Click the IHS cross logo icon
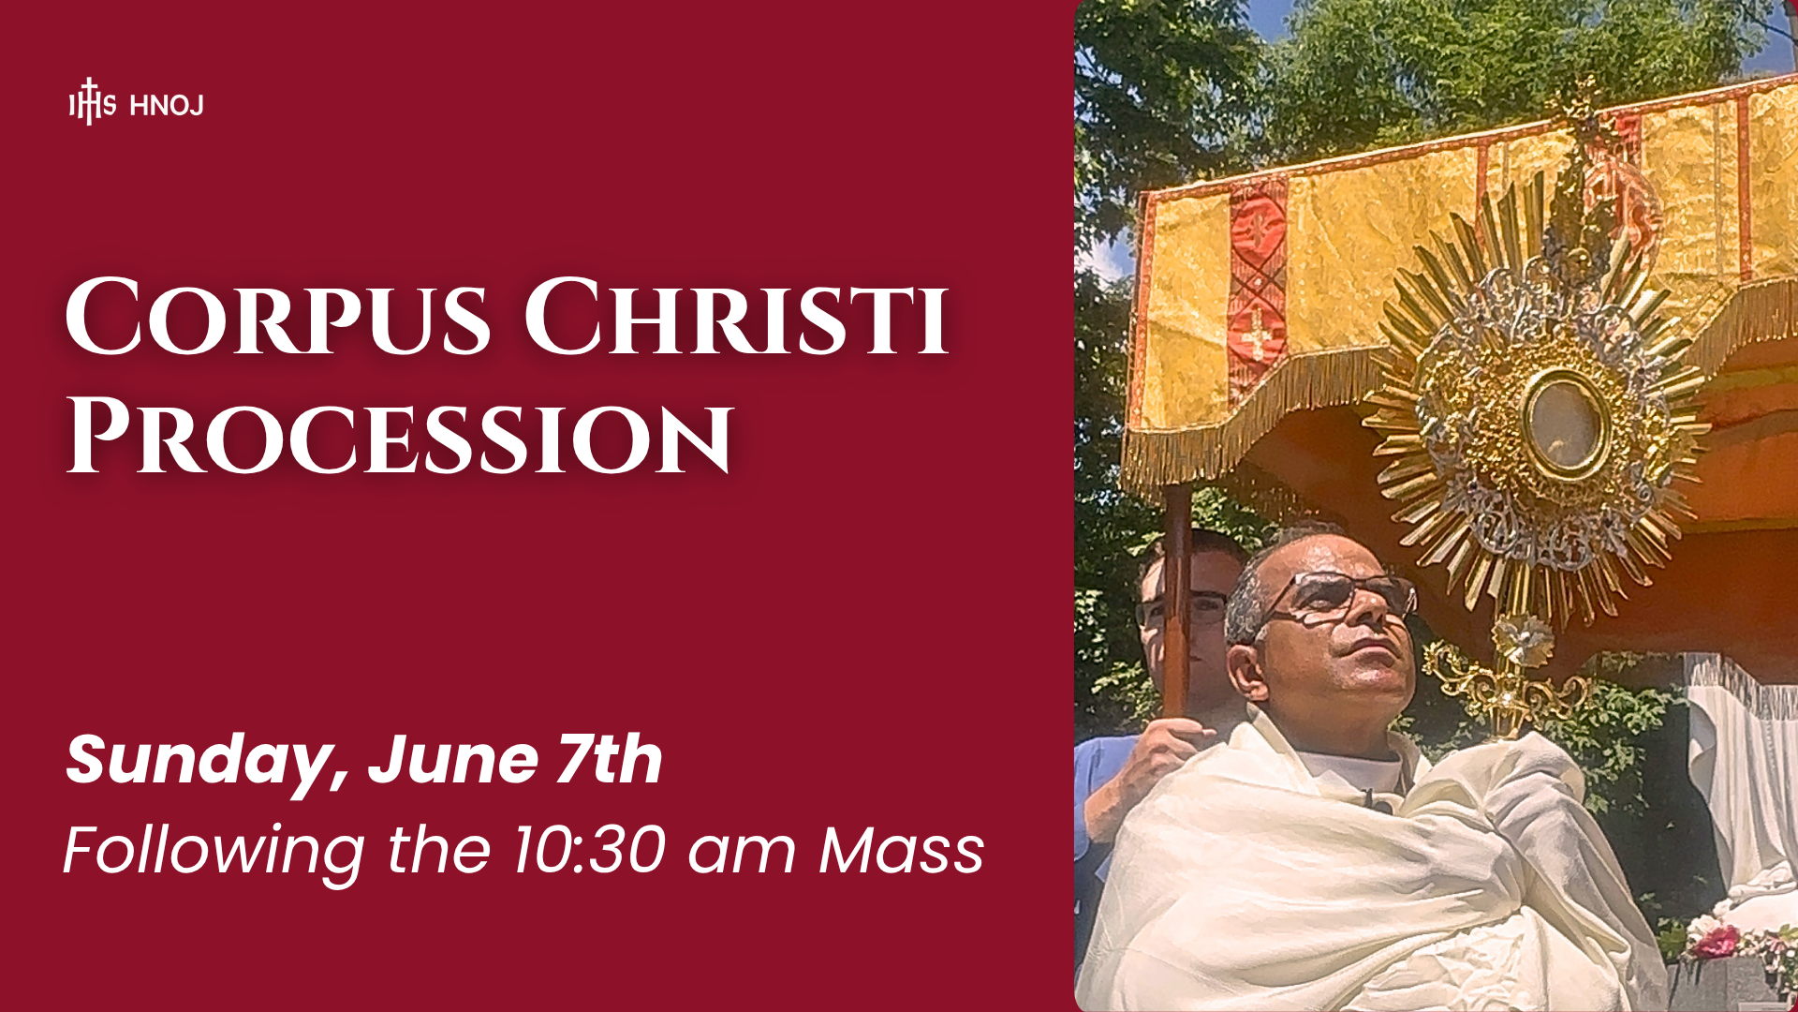click(92, 102)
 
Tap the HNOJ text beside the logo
click(167, 106)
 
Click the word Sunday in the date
click(207, 761)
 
